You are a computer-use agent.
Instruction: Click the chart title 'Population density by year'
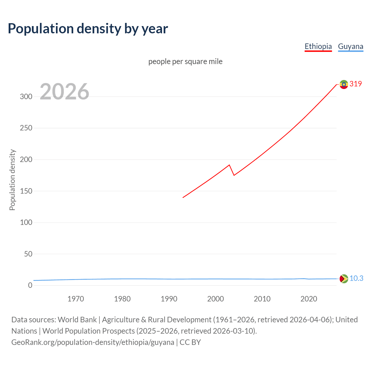(x=88, y=29)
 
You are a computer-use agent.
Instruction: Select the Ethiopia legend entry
(x=318, y=46)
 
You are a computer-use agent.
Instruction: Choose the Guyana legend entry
(x=350, y=46)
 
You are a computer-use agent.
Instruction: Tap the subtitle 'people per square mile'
(x=185, y=61)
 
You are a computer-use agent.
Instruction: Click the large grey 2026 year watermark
(x=64, y=92)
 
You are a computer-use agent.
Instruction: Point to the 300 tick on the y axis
(x=26, y=97)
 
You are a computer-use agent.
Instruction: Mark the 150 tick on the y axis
(x=26, y=191)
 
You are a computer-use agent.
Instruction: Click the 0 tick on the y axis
(x=30, y=285)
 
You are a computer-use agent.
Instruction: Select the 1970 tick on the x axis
(x=76, y=299)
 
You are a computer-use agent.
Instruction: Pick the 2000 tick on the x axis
(x=215, y=299)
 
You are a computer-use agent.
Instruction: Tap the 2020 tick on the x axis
(x=309, y=299)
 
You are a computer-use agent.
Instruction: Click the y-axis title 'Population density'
(x=12, y=180)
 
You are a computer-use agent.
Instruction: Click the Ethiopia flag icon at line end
(x=344, y=84)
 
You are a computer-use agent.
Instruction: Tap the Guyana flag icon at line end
(x=344, y=279)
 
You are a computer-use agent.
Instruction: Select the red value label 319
(x=356, y=84)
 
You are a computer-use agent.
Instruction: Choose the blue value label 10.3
(x=356, y=278)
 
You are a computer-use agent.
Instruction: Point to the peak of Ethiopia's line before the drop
(x=229, y=165)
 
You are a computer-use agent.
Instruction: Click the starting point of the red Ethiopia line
(x=183, y=198)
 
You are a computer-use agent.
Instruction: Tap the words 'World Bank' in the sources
(x=77, y=319)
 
